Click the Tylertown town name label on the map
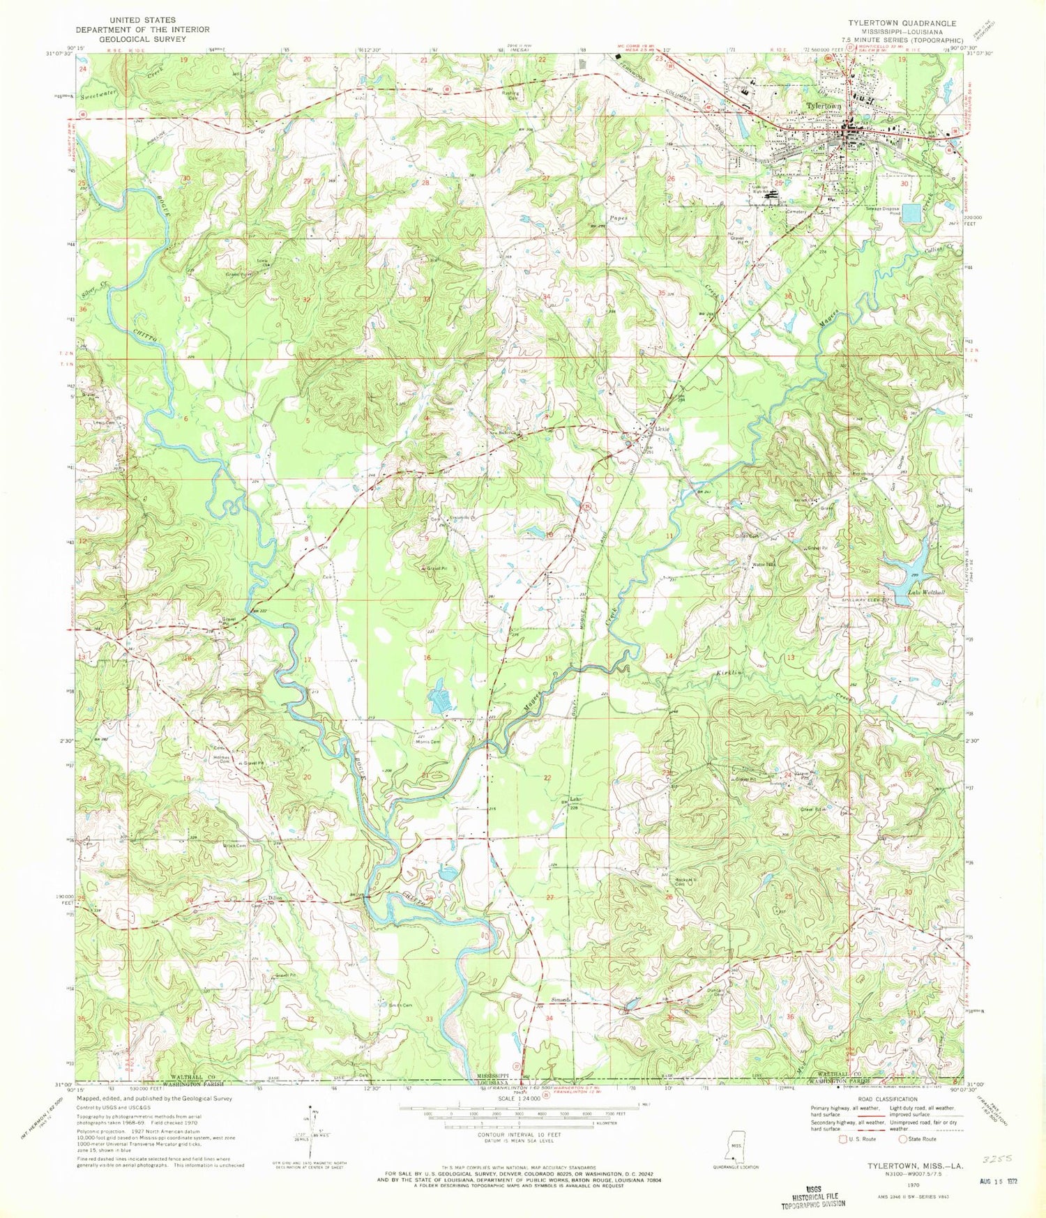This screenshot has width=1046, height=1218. click(x=824, y=105)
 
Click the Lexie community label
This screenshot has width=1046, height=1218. click(x=662, y=429)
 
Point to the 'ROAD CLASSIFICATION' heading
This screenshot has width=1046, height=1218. click(x=887, y=1099)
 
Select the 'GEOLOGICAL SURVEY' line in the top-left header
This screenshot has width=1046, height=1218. click(x=142, y=39)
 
